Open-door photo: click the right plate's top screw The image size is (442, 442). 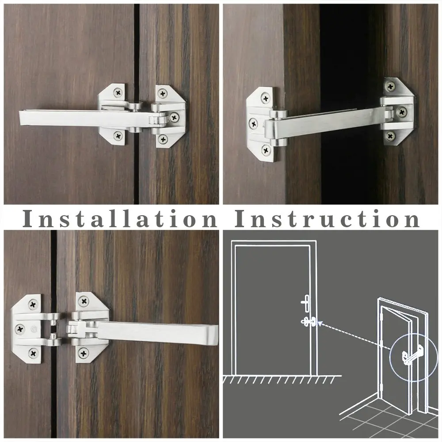coord(391,86)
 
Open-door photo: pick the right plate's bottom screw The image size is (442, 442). coord(391,135)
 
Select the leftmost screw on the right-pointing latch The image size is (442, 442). coord(20,328)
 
